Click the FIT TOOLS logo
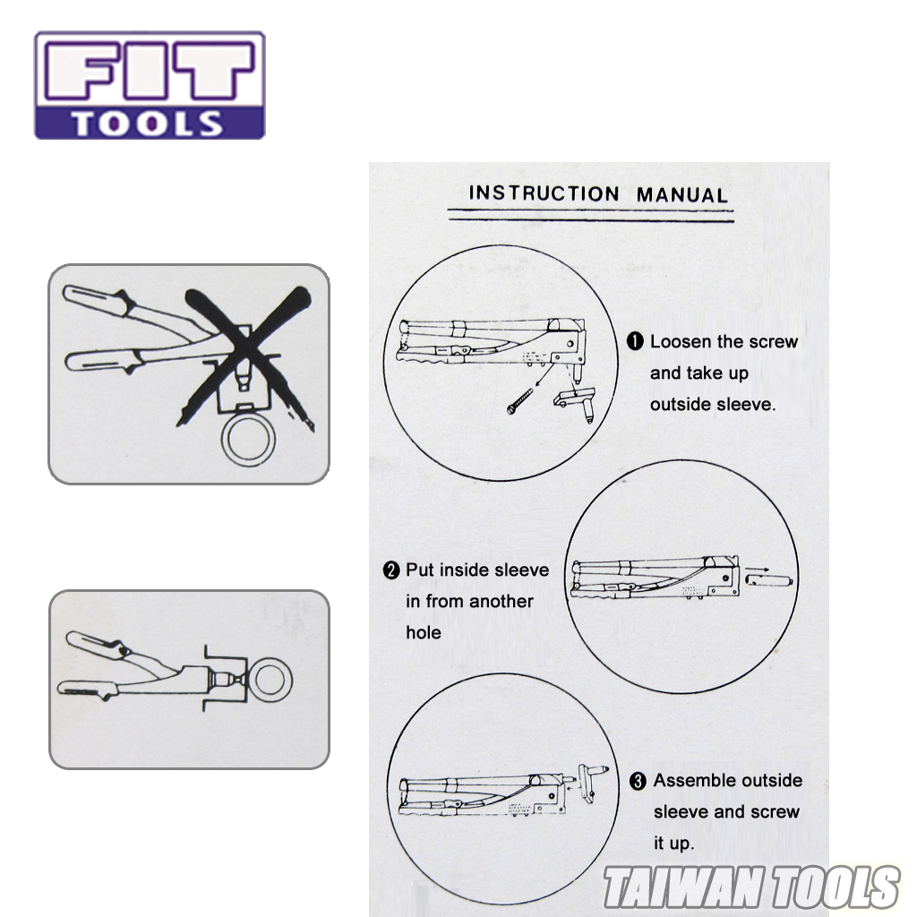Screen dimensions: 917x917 point(150,85)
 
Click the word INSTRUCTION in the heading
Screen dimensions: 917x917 point(544,193)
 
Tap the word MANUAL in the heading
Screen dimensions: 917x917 point(681,194)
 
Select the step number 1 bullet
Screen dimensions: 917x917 point(636,341)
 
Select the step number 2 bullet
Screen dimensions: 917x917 point(391,570)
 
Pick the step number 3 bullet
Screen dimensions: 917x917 point(638,782)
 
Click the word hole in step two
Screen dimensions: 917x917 point(423,633)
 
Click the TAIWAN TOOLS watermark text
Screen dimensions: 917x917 point(750,887)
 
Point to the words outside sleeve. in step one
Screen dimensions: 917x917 point(713,405)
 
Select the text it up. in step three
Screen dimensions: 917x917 point(673,844)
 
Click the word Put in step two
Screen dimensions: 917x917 point(419,570)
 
